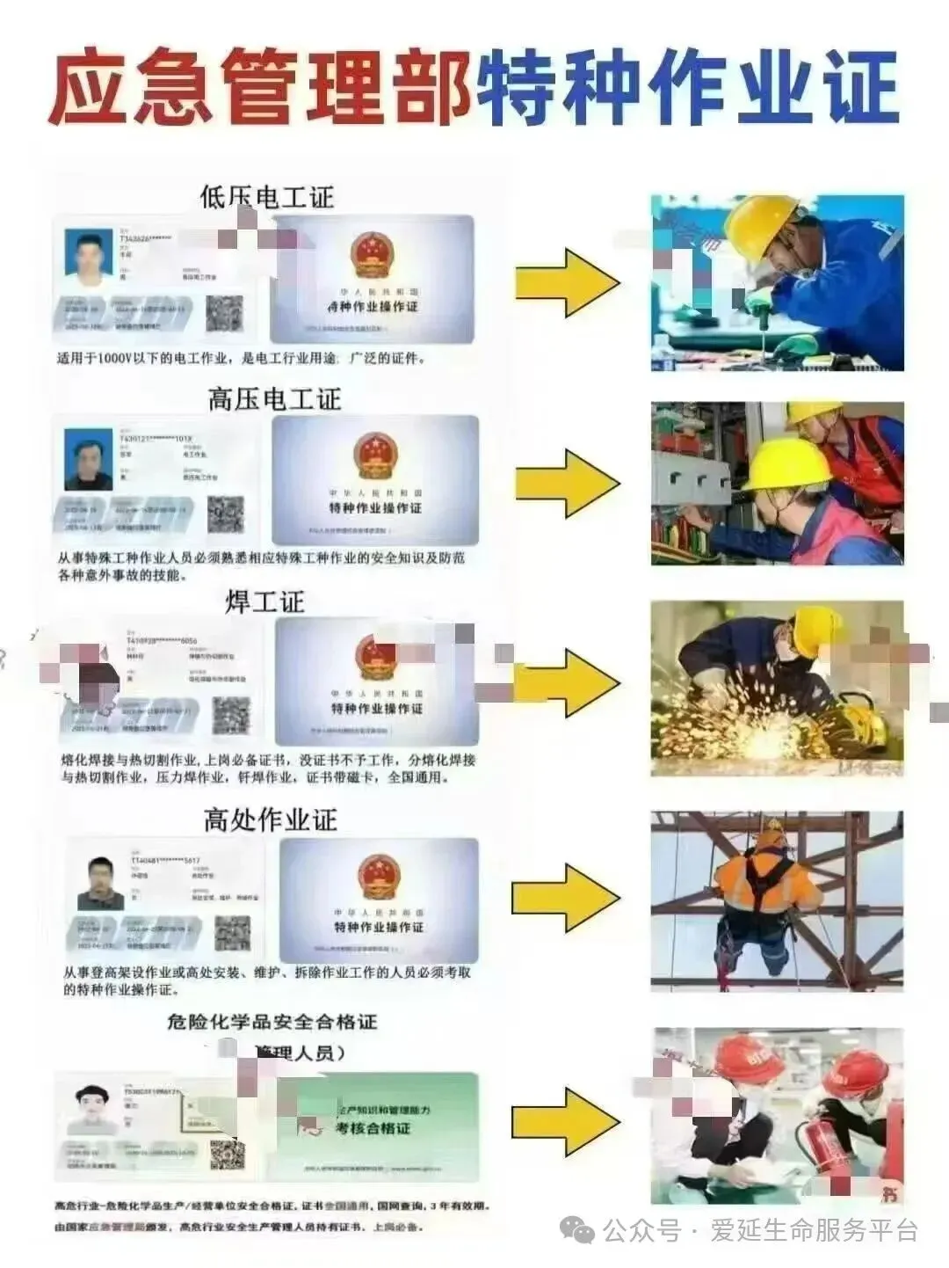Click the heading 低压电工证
[267, 196]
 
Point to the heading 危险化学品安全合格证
[272, 1021]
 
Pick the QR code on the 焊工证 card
[232, 715]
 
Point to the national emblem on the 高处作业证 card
[379, 876]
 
